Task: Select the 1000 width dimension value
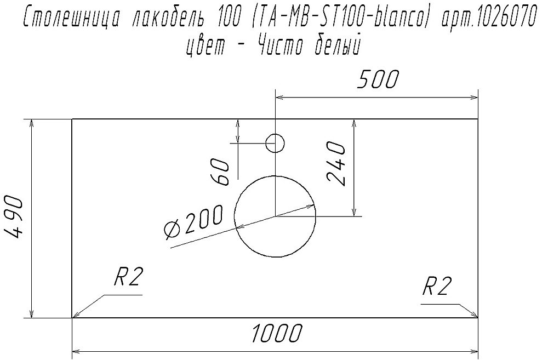point(277,333)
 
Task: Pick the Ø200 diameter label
point(193,222)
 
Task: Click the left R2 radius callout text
point(128,279)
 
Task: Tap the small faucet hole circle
point(275,144)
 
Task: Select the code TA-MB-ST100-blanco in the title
point(338,20)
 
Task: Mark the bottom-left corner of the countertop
point(73,317)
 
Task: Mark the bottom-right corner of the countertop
point(478,317)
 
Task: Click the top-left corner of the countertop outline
point(73,119)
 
